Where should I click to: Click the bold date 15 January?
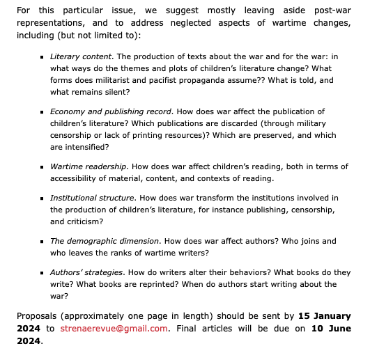coord(325,316)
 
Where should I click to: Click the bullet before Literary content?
coord(43,56)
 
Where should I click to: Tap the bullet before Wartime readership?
coord(43,167)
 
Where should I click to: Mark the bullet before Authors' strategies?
coord(43,272)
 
